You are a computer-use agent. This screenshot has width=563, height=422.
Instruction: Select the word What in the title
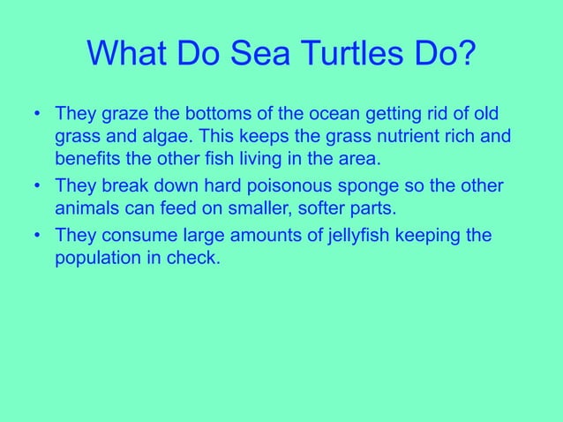pos(129,57)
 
